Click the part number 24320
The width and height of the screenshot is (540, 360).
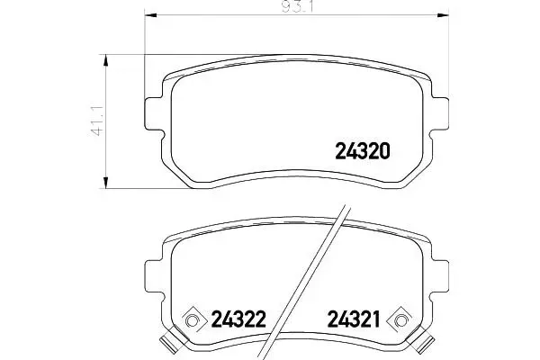click(x=363, y=151)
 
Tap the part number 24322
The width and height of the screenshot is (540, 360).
click(x=238, y=319)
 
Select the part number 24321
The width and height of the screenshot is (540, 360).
click(x=354, y=319)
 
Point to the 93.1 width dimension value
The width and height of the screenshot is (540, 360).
click(x=298, y=7)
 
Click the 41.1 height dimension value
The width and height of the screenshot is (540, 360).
click(x=98, y=121)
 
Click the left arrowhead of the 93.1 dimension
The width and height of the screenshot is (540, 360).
click(x=150, y=14)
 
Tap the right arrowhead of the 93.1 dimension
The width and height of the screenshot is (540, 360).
click(x=443, y=14)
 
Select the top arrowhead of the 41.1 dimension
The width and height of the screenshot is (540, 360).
click(x=106, y=60)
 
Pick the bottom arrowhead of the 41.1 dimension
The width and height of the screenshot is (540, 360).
click(x=106, y=183)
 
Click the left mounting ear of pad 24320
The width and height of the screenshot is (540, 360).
click(x=153, y=114)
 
